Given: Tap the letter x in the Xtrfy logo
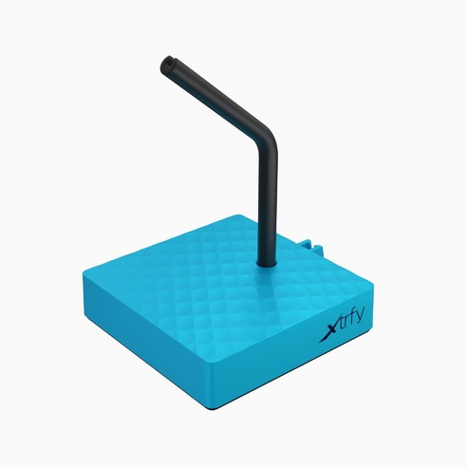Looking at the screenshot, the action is tap(329, 331).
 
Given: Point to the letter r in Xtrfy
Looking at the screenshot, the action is tap(346, 321).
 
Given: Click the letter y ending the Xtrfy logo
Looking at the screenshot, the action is tap(360, 316).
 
